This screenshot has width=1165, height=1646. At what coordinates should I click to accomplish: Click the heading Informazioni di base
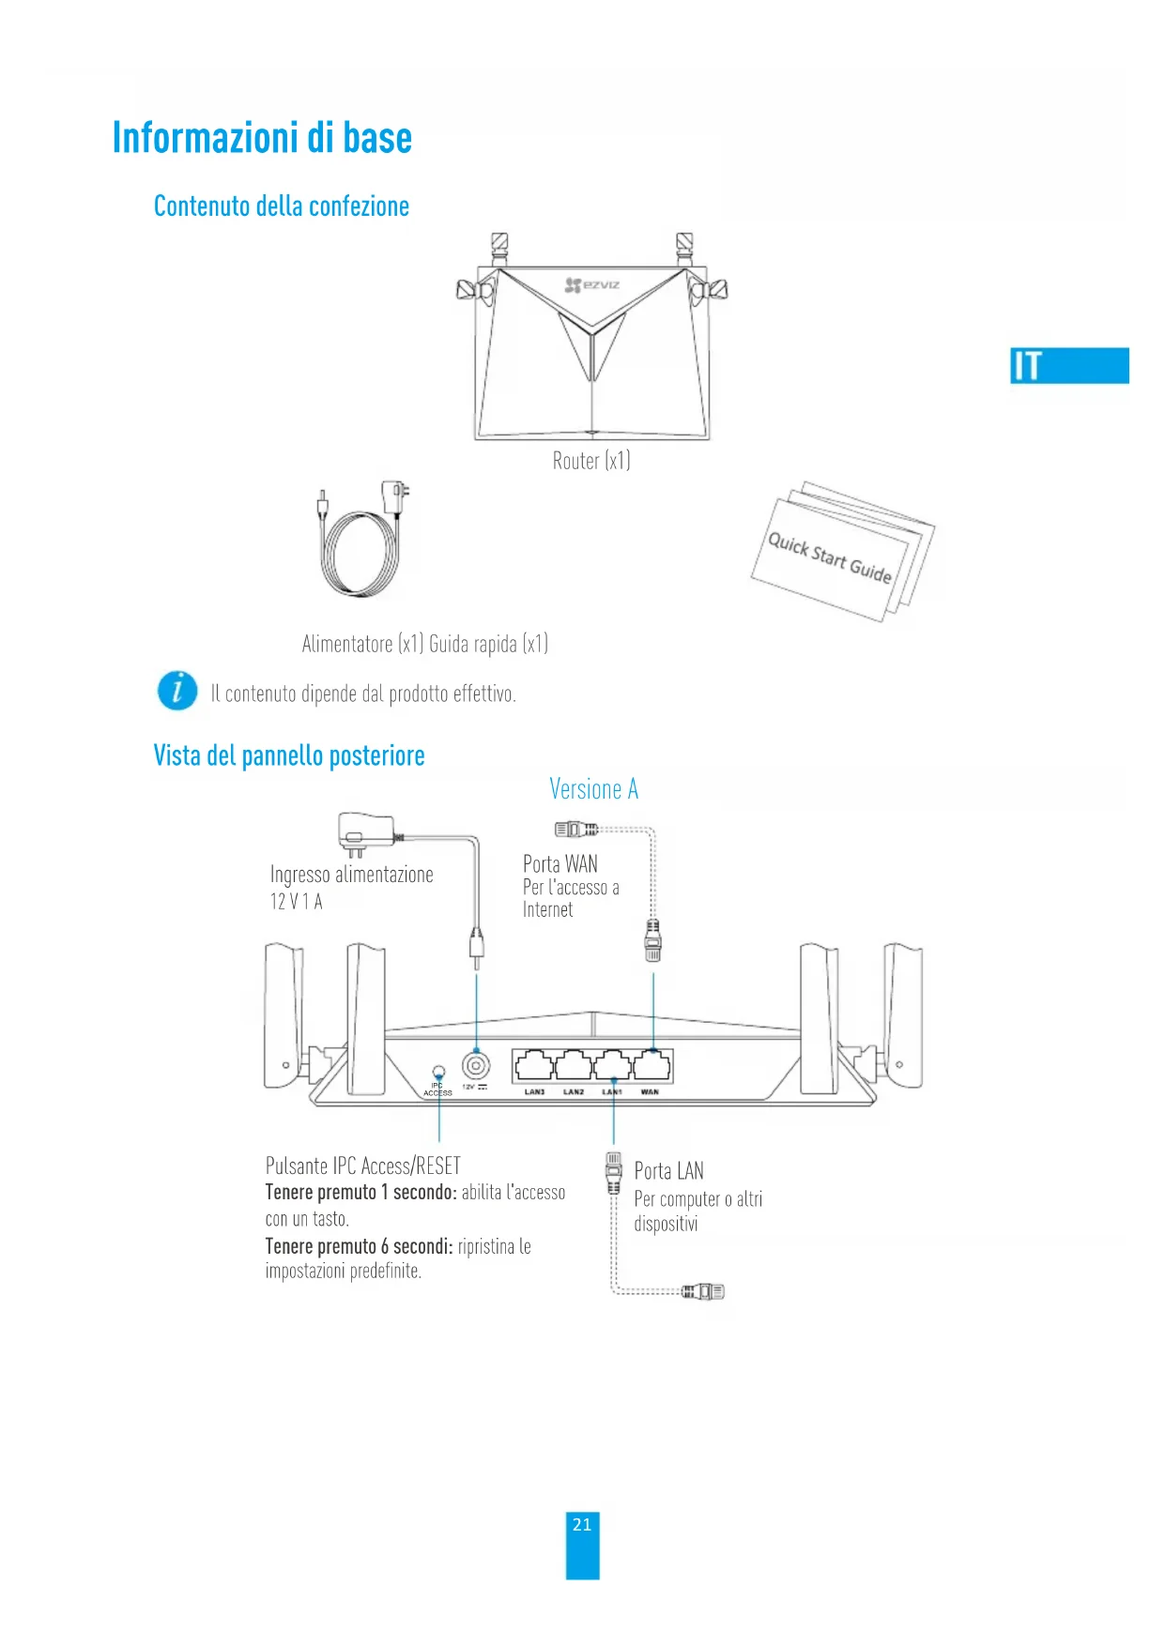pyautogui.click(x=262, y=138)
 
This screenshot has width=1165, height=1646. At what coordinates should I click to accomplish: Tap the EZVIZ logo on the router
pyautogui.click(x=592, y=284)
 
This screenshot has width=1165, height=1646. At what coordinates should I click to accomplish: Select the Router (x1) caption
pyautogui.click(x=591, y=461)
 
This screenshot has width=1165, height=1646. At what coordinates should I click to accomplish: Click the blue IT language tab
pyautogui.click(x=1069, y=365)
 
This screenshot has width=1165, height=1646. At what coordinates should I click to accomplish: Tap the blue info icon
pyautogui.click(x=177, y=691)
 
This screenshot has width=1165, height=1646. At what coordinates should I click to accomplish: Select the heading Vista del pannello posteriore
pyautogui.click(x=289, y=755)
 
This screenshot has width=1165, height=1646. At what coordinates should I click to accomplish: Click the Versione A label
pyautogui.click(x=593, y=790)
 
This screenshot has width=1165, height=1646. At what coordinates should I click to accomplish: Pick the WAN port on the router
pyautogui.click(x=652, y=1066)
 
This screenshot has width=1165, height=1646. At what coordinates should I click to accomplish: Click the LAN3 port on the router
pyautogui.click(x=533, y=1066)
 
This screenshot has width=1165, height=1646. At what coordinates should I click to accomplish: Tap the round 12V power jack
pyautogui.click(x=476, y=1066)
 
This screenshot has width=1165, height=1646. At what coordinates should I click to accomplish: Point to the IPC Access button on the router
pyautogui.click(x=438, y=1072)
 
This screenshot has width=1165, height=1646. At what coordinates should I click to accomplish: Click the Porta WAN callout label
pyautogui.click(x=560, y=863)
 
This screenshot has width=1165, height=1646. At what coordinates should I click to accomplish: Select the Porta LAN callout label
pyautogui.click(x=668, y=1171)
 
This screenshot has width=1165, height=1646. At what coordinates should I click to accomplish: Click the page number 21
pyautogui.click(x=582, y=1525)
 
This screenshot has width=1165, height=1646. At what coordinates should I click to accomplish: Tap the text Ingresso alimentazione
pyautogui.click(x=352, y=875)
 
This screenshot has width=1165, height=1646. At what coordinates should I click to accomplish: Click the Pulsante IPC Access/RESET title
pyautogui.click(x=363, y=1166)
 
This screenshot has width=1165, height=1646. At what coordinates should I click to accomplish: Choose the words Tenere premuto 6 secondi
pyautogui.click(x=359, y=1246)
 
